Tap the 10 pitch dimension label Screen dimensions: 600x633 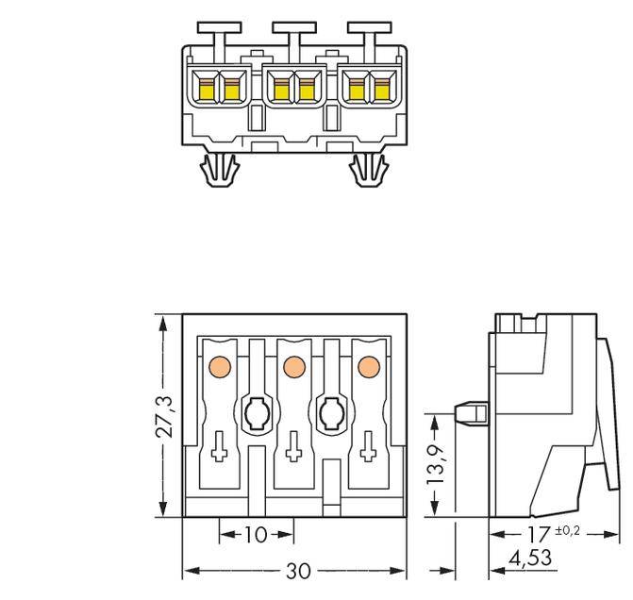point(256,535)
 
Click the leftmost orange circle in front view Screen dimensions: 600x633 point(219,365)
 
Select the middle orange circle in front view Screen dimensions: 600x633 point(293,365)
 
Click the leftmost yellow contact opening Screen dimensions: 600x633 point(205,88)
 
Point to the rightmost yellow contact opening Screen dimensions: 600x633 point(382,88)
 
